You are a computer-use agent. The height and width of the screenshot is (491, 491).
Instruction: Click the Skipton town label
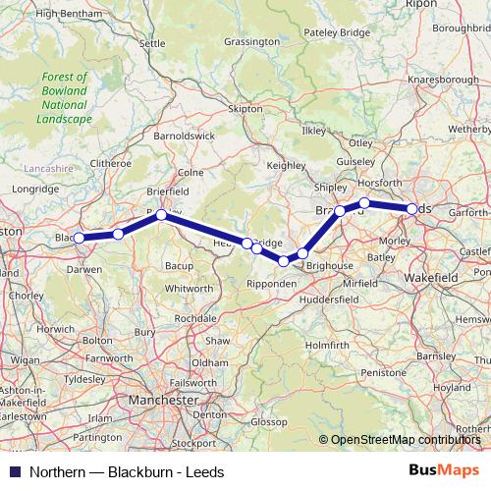tap(246, 108)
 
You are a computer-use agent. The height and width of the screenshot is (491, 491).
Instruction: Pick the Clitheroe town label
tap(109, 162)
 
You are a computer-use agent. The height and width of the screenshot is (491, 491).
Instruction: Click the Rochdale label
tap(195, 318)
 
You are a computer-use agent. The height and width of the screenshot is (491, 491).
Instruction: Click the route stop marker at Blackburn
tap(79, 238)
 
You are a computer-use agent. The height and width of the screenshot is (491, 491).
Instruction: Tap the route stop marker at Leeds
tap(411, 208)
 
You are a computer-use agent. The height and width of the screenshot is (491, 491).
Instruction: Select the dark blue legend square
tap(14, 471)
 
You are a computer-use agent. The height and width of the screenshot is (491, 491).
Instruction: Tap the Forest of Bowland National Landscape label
tap(66, 98)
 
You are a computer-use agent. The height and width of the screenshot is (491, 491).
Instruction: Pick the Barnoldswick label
tap(184, 136)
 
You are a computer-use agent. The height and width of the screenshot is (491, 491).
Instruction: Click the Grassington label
tap(251, 43)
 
